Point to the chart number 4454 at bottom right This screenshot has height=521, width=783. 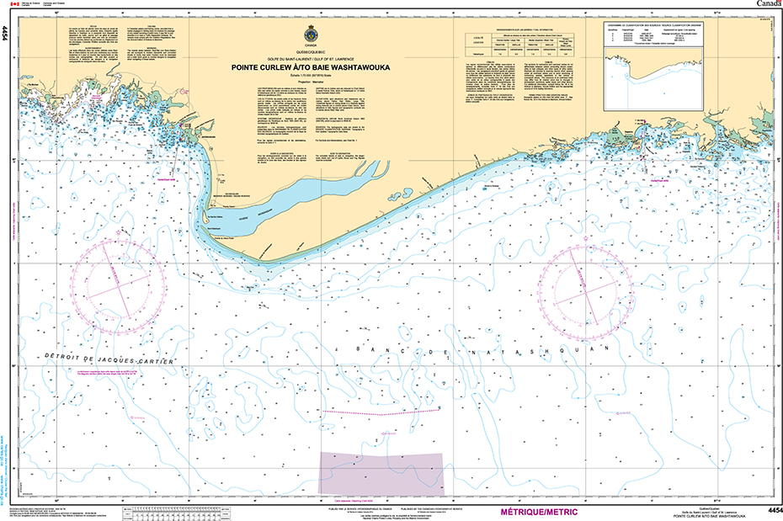tap(770, 511)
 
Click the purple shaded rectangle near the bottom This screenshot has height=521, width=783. tap(380, 472)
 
